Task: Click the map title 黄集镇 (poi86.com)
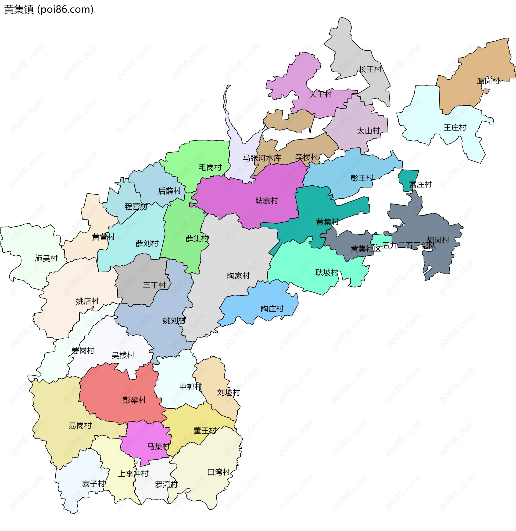click(49, 9)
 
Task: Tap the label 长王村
click(370, 69)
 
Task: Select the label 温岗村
click(488, 81)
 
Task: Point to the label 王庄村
click(455, 128)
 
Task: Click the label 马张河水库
click(261, 158)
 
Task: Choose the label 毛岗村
click(210, 167)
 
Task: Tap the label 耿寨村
click(266, 201)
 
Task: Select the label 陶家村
click(238, 276)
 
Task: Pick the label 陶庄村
click(272, 309)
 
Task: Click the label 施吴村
click(46, 258)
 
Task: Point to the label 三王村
click(154, 285)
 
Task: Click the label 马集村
click(158, 446)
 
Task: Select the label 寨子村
click(94, 484)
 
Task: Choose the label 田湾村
click(218, 472)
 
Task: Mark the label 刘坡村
click(228, 392)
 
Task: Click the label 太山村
click(368, 131)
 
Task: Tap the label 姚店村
click(87, 301)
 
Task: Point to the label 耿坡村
click(327, 272)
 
